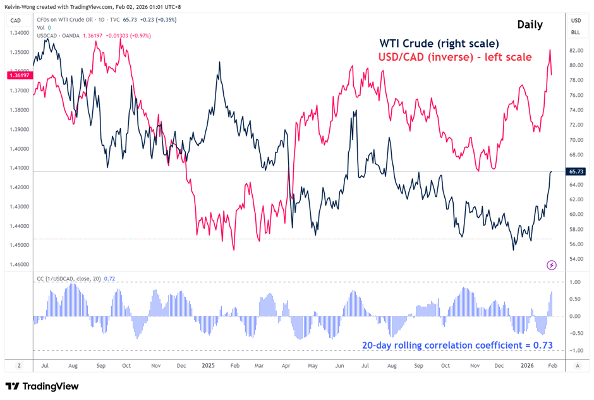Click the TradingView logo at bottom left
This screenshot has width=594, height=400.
tap(42, 386)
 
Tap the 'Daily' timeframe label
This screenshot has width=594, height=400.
tap(529, 25)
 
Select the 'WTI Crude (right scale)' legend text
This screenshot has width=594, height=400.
tap(439, 44)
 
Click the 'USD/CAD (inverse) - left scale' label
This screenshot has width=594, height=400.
tap(455, 57)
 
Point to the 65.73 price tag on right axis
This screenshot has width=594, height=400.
tap(576, 172)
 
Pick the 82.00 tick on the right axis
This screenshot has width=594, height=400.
tap(576, 50)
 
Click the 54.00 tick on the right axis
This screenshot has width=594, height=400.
tap(576, 259)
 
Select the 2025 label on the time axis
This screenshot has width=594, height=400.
tap(209, 366)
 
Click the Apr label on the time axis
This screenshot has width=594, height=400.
tap(286, 366)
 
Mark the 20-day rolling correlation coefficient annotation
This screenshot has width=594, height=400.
tap(457, 346)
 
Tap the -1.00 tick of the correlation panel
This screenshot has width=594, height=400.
tap(576, 351)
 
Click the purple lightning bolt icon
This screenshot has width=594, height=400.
tap(552, 265)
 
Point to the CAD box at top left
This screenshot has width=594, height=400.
tap(16, 21)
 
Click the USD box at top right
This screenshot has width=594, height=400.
tap(576, 21)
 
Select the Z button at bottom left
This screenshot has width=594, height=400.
tap(20, 366)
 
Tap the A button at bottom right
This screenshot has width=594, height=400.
tap(577, 366)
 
